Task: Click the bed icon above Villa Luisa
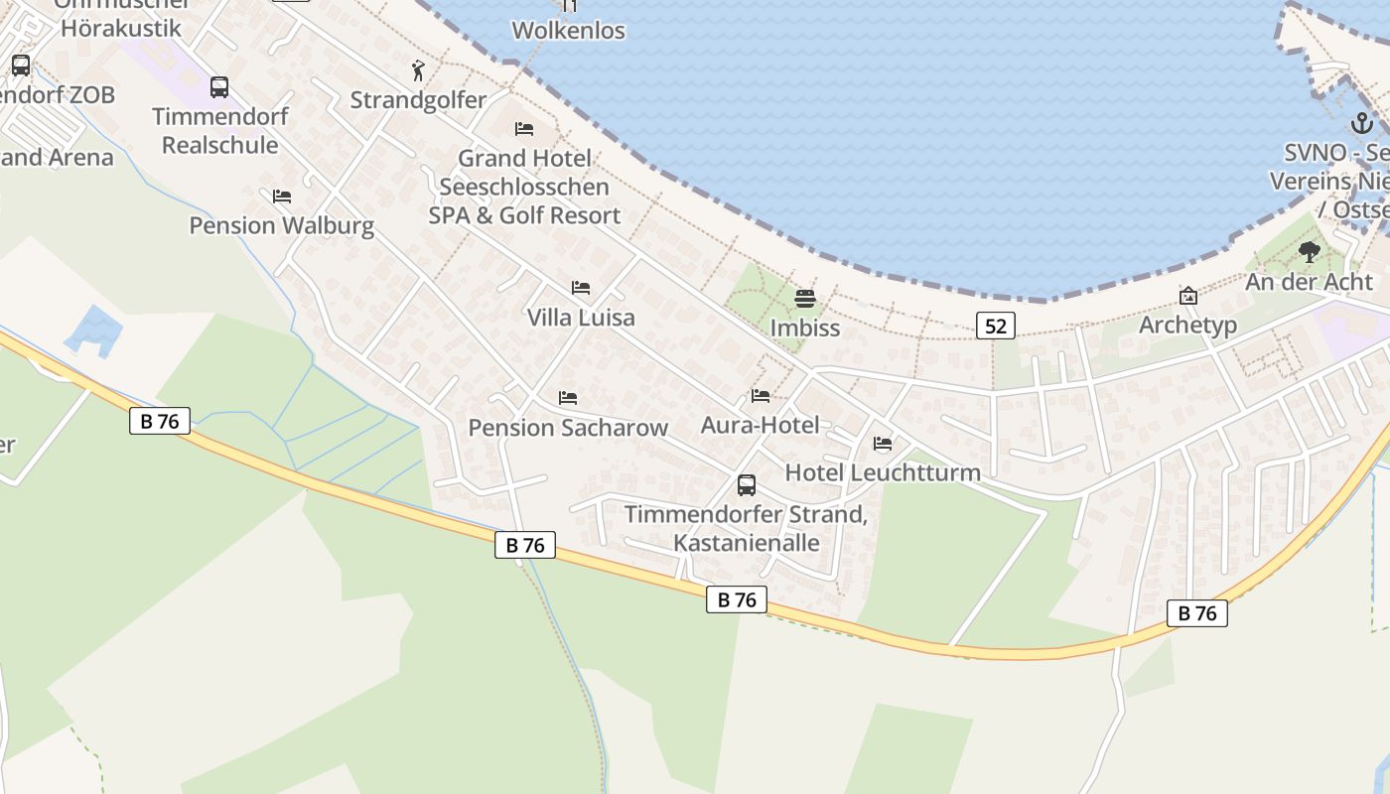pyautogui.click(x=581, y=288)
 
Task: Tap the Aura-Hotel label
pyautogui.click(x=760, y=426)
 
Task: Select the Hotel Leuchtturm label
pyautogui.click(x=883, y=472)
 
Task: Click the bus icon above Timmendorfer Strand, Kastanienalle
pyautogui.click(x=747, y=485)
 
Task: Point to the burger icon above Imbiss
pyautogui.click(x=805, y=298)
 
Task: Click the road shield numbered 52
pyautogui.click(x=995, y=326)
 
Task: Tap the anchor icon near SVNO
pyautogui.click(x=1362, y=124)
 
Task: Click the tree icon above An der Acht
pyautogui.click(x=1310, y=252)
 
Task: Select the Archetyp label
pyautogui.click(x=1187, y=326)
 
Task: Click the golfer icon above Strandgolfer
pyautogui.click(x=418, y=70)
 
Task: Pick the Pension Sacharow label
pyautogui.click(x=568, y=428)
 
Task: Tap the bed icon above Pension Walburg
pyautogui.click(x=282, y=196)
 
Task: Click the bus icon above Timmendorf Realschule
pyautogui.click(x=219, y=87)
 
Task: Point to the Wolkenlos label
pyautogui.click(x=568, y=31)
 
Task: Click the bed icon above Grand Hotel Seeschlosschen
pyautogui.click(x=523, y=129)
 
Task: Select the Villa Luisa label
pyautogui.click(x=581, y=318)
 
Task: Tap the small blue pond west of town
pyautogui.click(x=94, y=330)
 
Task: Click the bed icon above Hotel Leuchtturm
pyautogui.click(x=883, y=444)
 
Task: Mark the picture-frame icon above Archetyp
pyautogui.click(x=1187, y=296)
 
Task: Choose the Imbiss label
pyautogui.click(x=805, y=328)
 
